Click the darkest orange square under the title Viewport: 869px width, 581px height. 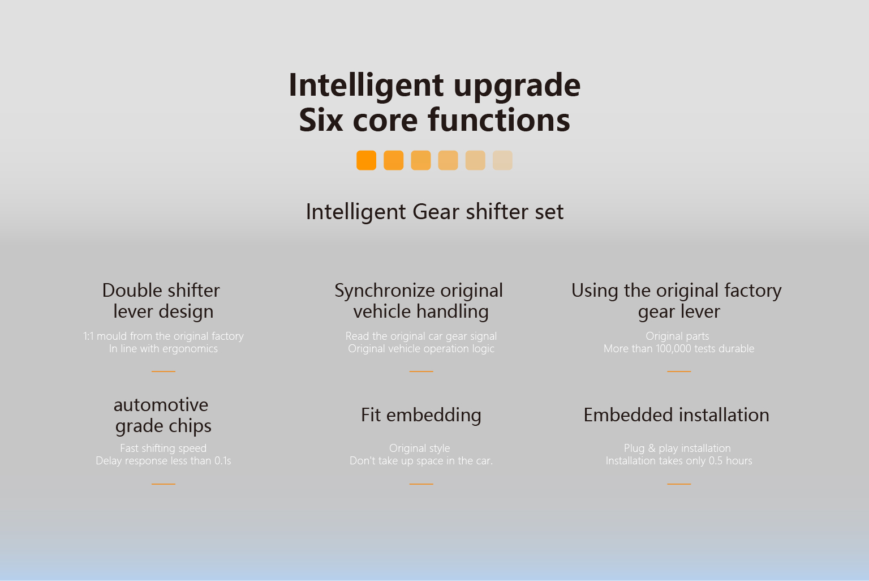coord(366,160)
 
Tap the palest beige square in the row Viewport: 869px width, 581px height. coord(502,160)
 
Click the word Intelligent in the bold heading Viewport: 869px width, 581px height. coord(366,86)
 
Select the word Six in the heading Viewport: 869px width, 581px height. coord(321,120)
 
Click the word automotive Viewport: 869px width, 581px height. coord(161,405)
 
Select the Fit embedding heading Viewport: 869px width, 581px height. coord(421,416)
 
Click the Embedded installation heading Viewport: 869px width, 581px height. coord(676,415)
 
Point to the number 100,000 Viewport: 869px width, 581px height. coord(673,349)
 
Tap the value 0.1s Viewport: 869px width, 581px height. coord(223,460)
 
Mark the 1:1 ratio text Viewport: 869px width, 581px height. coord(88,336)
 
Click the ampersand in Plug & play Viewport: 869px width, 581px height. coord(651,448)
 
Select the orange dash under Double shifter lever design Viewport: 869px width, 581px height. coord(164,371)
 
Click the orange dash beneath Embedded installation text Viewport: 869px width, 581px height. coord(679,484)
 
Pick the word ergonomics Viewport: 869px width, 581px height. coord(190,349)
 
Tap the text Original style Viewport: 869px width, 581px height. coord(419,448)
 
